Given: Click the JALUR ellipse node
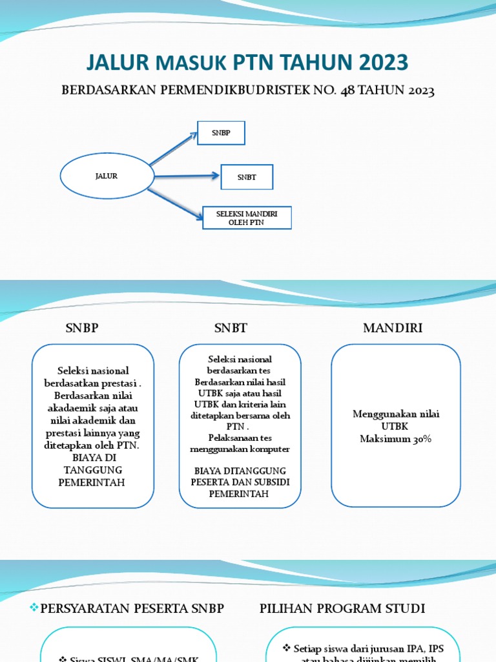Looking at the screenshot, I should click(x=107, y=176).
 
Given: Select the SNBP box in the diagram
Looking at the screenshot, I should click(x=221, y=133).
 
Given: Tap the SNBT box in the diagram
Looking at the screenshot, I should click(x=247, y=177).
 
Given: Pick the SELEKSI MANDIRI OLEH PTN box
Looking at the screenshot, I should click(x=247, y=218).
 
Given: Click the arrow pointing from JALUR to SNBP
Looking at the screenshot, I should click(x=173, y=149).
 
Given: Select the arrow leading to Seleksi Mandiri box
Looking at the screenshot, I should click(x=174, y=203).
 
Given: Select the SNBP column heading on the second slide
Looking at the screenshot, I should click(x=82, y=328).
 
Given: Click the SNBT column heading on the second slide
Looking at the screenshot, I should click(x=231, y=328).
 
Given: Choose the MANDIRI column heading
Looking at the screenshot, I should click(x=393, y=328).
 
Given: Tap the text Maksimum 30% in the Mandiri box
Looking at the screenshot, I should click(x=395, y=439).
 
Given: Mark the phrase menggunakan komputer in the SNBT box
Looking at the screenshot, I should click(x=240, y=449).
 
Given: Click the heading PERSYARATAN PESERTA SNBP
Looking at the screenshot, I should click(x=132, y=608).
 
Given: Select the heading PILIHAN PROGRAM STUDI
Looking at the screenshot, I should click(x=342, y=608).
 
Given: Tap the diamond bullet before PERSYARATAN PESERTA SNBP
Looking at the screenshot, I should click(x=36, y=608).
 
